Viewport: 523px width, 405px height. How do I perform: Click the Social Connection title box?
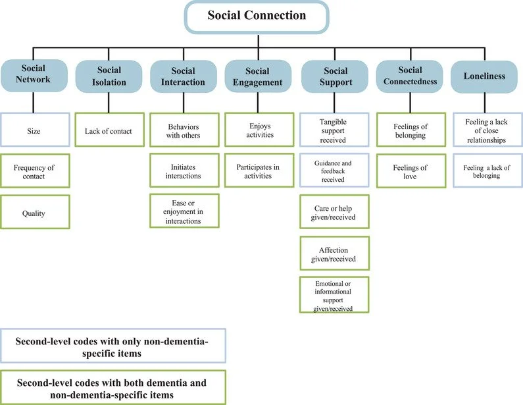tap(257, 16)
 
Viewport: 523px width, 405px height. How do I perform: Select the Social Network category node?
tap(34, 76)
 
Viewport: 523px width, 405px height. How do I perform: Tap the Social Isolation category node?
tap(109, 76)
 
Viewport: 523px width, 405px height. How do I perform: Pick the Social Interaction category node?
tap(183, 76)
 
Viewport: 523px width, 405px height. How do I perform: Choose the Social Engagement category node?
tap(258, 76)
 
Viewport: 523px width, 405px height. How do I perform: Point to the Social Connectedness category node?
tap(410, 76)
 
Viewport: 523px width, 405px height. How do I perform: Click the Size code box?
tap(34, 131)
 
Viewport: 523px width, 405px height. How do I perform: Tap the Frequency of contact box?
tap(34, 173)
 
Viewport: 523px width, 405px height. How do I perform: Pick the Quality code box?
tap(34, 213)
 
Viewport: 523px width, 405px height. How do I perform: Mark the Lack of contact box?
tap(109, 131)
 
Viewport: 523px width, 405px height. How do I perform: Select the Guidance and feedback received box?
tap(334, 173)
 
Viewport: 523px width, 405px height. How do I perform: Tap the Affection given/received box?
tap(334, 254)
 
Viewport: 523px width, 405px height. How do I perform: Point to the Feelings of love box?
tap(410, 173)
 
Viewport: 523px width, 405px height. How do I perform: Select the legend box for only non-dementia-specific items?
tap(112, 346)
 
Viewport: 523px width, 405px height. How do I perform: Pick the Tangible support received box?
tap(334, 131)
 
